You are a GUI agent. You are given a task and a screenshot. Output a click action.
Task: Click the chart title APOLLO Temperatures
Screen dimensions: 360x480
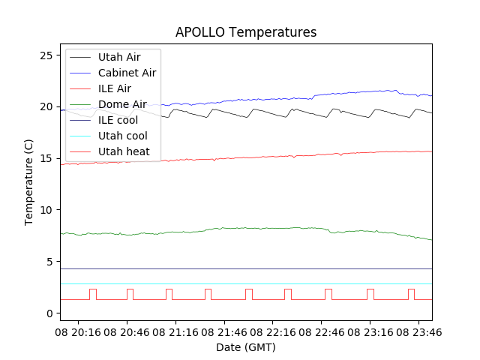pyautogui.click(x=246, y=33)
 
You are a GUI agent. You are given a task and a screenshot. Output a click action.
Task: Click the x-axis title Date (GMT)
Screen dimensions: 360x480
pyautogui.click(x=246, y=347)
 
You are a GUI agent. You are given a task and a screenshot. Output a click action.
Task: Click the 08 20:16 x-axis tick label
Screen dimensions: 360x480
pyautogui.click(x=79, y=331)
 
